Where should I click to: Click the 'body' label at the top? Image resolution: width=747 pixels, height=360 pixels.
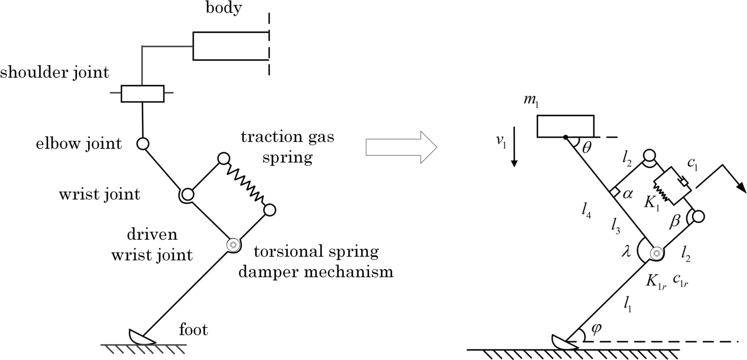(224, 8)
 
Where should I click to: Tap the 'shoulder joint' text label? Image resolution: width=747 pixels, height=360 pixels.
(55, 73)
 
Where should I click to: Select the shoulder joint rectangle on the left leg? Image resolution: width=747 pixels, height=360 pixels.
(143, 94)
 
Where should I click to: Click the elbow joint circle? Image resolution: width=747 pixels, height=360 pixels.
(143, 144)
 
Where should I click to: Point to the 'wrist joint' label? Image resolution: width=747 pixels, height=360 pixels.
(100, 195)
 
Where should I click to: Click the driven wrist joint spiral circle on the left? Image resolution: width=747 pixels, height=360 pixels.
(233, 245)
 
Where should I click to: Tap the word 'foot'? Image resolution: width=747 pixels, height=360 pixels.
(193, 330)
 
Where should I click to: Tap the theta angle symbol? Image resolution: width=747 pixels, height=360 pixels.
(587, 148)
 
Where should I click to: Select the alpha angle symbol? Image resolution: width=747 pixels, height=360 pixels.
(628, 194)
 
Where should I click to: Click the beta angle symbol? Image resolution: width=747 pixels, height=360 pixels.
(675, 221)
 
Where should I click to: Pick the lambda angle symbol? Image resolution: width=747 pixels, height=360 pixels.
(627, 252)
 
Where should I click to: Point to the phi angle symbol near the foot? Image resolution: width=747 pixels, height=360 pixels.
(595, 329)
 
